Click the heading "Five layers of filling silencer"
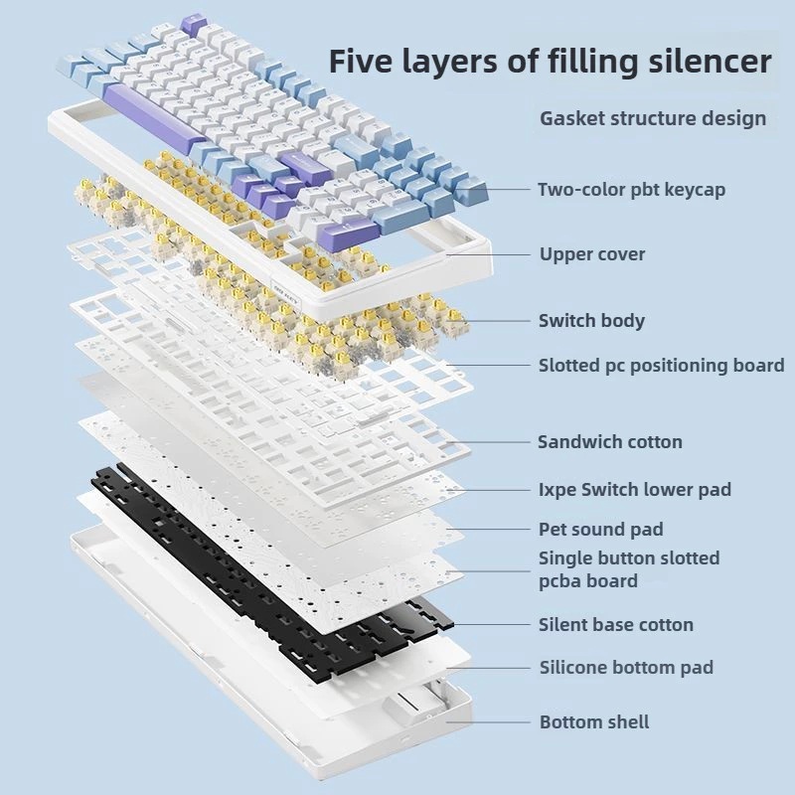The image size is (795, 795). pos(550,62)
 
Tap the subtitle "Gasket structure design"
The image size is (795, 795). pos(653,118)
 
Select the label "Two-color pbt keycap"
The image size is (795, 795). pos(631,189)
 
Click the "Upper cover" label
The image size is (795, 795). pos(592,254)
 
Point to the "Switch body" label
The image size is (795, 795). pos(591,320)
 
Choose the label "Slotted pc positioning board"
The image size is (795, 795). pos(661,366)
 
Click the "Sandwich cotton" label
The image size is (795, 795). pos(610,441)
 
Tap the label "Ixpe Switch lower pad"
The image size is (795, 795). pos(634,489)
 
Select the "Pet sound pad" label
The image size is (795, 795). pos(600,530)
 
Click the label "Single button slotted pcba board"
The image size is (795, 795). pos(628,569)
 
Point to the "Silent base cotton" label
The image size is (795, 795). pos(616,625)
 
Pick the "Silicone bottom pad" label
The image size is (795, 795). pos(626,668)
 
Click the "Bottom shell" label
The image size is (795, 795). pos(594,721)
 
